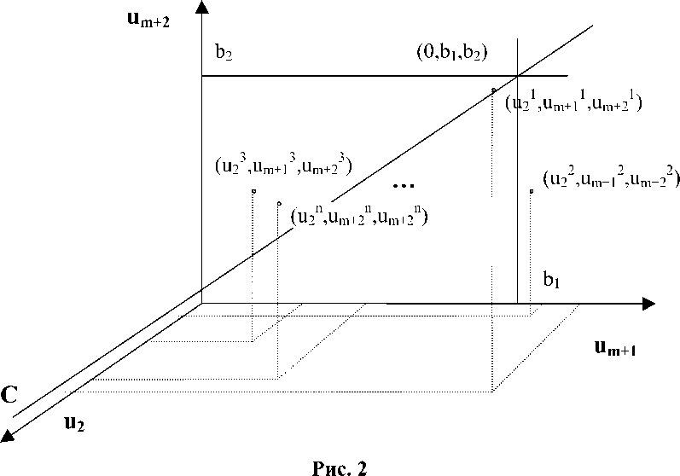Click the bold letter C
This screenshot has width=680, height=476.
point(10,395)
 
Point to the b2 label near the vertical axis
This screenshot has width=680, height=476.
point(224,52)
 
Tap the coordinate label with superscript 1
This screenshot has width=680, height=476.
point(572,103)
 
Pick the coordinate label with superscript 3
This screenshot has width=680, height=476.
point(284,163)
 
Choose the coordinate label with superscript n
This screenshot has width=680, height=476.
point(358,216)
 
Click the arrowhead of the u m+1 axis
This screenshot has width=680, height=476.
point(648,302)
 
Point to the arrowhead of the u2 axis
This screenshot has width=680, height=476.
point(9,437)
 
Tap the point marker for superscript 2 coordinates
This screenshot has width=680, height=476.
point(531,191)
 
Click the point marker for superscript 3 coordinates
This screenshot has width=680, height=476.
point(253,190)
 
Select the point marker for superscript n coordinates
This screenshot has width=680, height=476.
point(279,203)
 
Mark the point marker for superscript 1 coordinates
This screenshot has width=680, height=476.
point(494,90)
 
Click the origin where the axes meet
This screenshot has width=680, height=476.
point(201,302)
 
